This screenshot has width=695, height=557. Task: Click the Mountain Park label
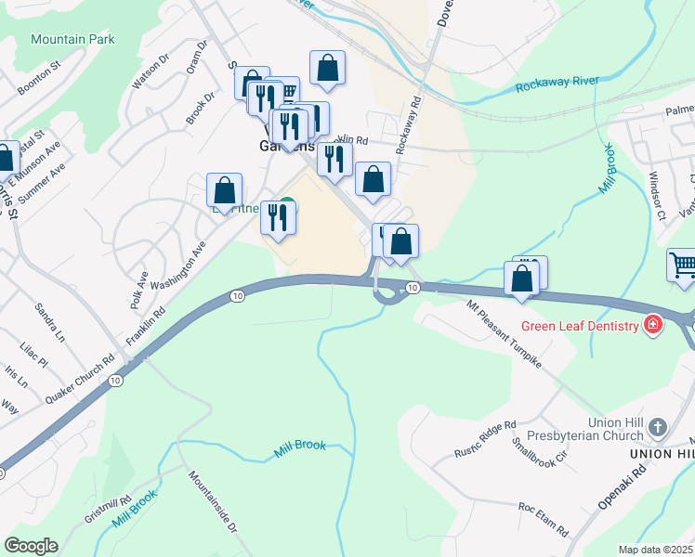coord(72,39)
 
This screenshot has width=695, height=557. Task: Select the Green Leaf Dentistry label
coord(580,326)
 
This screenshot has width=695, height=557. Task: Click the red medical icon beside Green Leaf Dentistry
coord(653,325)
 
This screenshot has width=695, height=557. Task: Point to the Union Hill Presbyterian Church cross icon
coord(658,428)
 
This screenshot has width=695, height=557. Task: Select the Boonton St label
coord(38,80)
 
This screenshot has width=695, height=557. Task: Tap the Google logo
coord(31,546)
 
